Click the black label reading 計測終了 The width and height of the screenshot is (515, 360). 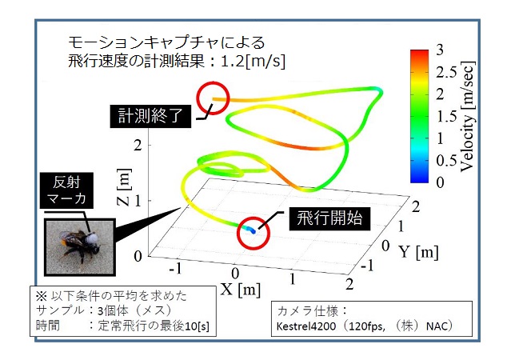click(150, 116)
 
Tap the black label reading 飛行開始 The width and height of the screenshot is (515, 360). click(329, 218)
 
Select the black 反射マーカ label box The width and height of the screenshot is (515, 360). click(66, 190)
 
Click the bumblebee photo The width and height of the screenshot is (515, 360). click(80, 247)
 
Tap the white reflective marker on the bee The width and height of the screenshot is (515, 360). click(92, 238)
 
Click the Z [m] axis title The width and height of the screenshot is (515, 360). click(124, 187)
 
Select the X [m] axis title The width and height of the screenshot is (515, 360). click(241, 290)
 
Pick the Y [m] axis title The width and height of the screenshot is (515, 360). click(418, 252)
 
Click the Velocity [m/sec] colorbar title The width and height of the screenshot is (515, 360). click(467, 116)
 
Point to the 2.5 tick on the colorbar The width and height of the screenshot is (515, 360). click(446, 72)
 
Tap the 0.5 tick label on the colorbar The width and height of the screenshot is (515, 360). click(446, 160)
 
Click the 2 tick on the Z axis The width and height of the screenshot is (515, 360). click(138, 145)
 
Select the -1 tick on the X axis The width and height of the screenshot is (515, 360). click(176, 270)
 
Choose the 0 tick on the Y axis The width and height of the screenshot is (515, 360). click(386, 246)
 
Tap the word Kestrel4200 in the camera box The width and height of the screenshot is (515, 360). click(305, 326)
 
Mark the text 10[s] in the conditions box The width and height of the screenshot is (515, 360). click(197, 326)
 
